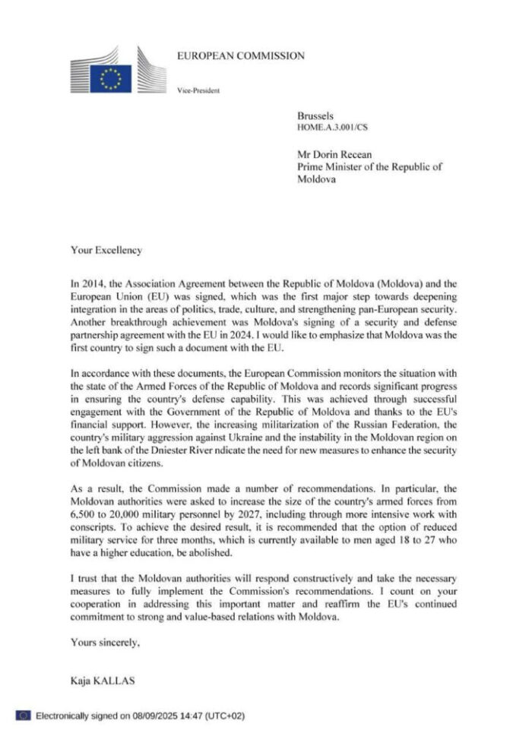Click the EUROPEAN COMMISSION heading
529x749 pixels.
tap(240, 55)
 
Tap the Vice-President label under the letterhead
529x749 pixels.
tap(198, 91)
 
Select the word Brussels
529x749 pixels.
tap(314, 115)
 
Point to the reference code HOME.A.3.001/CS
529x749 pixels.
tap(334, 127)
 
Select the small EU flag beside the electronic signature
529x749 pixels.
tap(23, 716)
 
